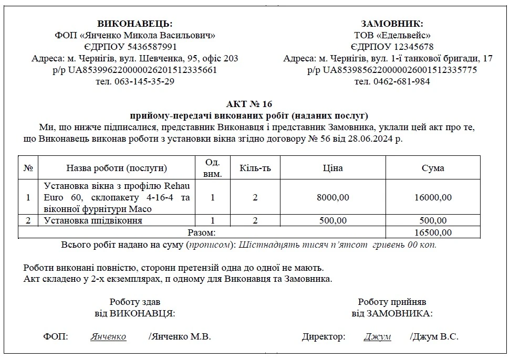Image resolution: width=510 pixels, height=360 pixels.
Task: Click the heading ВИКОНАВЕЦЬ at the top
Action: pos(134,24)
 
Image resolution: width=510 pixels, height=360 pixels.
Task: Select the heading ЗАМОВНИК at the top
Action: pos(392,24)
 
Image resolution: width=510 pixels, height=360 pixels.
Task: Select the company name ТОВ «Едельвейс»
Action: pos(392,35)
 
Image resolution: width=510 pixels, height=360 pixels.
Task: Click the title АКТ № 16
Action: pos(249,103)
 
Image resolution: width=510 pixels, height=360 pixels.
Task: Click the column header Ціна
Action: pos(332,168)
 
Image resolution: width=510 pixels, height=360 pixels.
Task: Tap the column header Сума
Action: pos(433,168)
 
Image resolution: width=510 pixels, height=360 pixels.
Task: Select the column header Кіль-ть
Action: pos(255,168)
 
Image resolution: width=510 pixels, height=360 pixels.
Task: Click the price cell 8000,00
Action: pos(332,197)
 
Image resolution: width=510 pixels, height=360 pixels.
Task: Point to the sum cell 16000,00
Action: pos(433,197)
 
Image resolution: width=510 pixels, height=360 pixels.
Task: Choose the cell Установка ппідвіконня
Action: pos(93,220)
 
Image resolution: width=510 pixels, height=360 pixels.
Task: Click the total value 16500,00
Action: pos(433,232)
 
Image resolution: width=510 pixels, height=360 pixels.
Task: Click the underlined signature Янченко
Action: pos(108,337)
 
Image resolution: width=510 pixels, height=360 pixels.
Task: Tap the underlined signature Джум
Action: pos(377,337)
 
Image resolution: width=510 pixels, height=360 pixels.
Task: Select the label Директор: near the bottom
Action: pos(324,337)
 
